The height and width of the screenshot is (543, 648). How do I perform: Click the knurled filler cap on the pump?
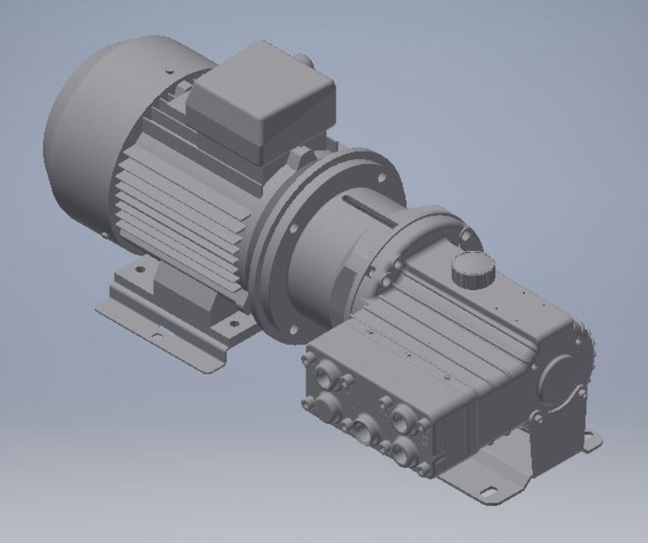[x=473, y=270]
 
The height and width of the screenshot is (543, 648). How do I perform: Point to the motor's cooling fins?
[x=181, y=216]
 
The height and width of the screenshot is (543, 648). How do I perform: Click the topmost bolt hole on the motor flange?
[x=382, y=177]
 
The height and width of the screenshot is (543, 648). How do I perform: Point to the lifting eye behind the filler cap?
[x=467, y=236]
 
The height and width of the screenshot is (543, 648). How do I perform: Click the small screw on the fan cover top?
[x=169, y=72]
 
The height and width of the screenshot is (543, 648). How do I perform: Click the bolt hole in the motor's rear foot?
[x=140, y=269]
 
